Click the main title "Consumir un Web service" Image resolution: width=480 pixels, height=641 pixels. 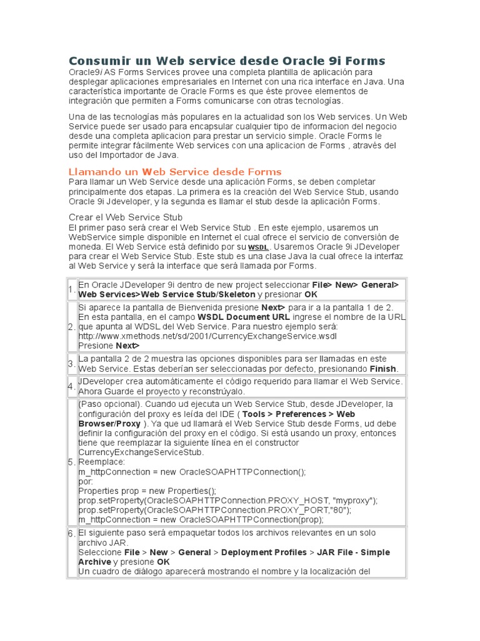[226, 61]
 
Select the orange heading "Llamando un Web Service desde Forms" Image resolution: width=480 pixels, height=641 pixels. [175, 172]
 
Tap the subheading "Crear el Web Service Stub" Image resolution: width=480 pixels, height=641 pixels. [126, 217]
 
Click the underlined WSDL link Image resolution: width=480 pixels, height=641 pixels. [259, 247]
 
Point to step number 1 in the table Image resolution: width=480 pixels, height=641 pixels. [72, 289]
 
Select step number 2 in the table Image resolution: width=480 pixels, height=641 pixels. [72, 326]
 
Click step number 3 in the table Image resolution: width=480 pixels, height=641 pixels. [72, 364]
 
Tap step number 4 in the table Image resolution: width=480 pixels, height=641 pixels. [72, 386]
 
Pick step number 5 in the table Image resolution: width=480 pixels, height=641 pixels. [72, 462]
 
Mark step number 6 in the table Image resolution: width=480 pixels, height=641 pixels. [72, 533]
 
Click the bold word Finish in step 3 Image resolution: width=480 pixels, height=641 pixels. [383, 369]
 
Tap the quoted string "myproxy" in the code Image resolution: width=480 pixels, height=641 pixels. [356, 500]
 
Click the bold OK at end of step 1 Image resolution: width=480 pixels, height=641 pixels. [311, 294]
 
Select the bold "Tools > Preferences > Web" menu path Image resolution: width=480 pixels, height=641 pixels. [299, 414]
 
